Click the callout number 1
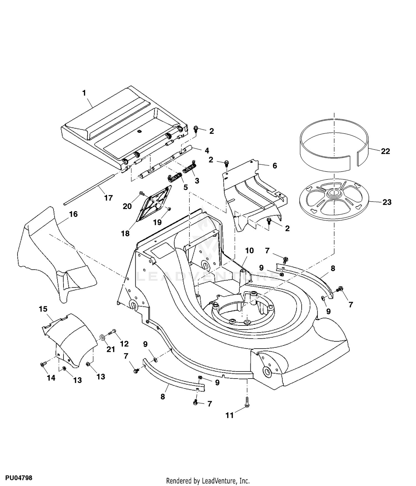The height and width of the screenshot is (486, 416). click(84, 93)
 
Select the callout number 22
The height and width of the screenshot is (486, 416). click(385, 151)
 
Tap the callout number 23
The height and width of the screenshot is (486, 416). click(387, 202)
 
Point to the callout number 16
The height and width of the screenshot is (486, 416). click(73, 214)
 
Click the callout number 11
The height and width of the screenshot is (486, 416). click(230, 415)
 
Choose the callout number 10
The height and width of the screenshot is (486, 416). click(250, 250)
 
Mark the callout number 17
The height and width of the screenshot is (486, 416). click(108, 198)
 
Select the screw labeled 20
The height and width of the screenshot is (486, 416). click(142, 193)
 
